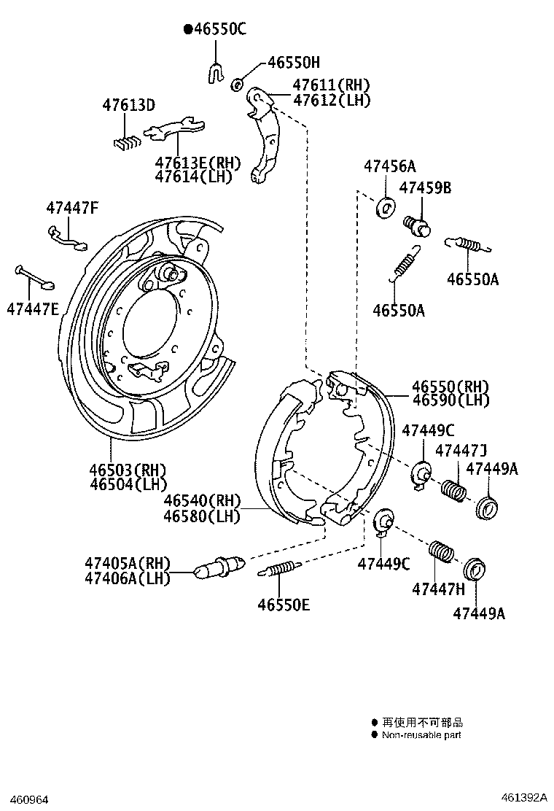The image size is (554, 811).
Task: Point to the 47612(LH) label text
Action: click(x=332, y=101)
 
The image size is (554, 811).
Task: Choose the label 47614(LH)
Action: click(x=193, y=176)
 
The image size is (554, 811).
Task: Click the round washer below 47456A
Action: click(x=385, y=207)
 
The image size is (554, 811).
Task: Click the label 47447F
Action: click(x=71, y=207)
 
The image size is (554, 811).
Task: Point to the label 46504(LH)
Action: click(x=128, y=484)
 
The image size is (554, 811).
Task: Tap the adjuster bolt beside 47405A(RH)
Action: click(x=218, y=566)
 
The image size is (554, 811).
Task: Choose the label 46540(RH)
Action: click(x=202, y=501)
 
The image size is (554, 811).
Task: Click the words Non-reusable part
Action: click(x=421, y=735)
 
